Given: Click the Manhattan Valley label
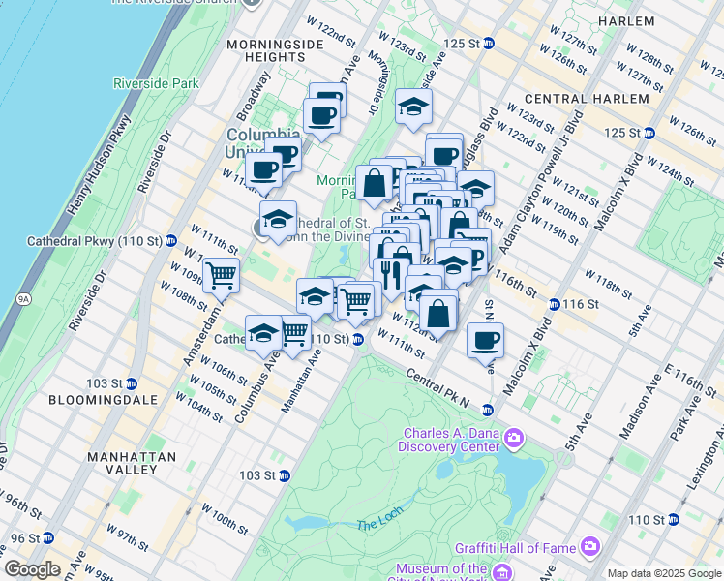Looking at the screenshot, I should point(132,463).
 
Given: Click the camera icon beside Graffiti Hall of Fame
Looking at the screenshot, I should point(589,547).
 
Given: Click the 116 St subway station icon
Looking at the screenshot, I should point(554,304).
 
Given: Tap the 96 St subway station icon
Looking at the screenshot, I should point(47,537).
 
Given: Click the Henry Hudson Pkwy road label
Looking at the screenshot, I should point(99,165).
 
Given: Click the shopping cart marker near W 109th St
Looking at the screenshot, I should point(221,276).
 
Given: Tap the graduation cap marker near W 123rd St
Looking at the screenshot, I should point(413,107).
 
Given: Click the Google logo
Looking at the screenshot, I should point(33,569).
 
